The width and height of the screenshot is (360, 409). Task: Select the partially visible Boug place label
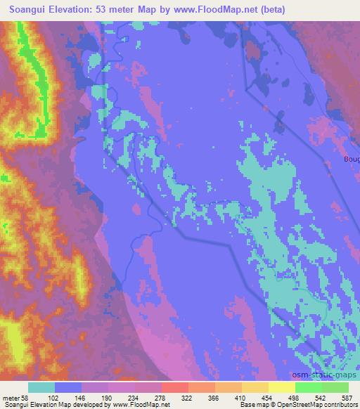(x=352, y=159)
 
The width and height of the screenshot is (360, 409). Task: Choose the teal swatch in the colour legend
(x=41, y=387)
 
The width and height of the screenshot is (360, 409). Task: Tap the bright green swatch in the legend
(x=308, y=387)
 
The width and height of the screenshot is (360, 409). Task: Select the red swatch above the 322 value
(x=175, y=387)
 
